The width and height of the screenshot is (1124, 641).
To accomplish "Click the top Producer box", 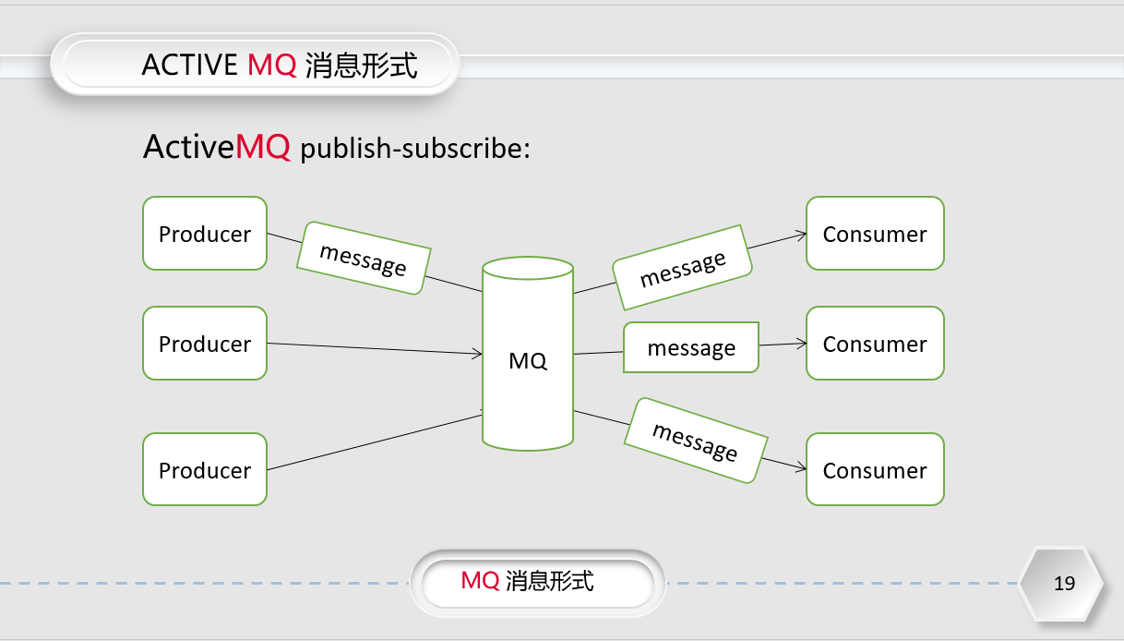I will [205, 234].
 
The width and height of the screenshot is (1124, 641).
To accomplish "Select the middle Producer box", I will [205, 344].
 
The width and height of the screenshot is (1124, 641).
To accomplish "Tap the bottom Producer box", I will [205, 469].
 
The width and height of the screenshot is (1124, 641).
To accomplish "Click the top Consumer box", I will [875, 234].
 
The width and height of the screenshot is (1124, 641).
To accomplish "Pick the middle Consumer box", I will [875, 344].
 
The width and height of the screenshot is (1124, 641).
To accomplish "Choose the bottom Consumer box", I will [875, 469].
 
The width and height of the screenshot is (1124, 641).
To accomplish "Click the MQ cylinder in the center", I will [528, 359].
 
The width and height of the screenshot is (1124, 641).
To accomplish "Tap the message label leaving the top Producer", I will [364, 258].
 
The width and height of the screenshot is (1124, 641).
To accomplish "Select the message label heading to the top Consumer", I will [683, 267].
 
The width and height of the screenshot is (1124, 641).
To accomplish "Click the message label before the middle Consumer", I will [691, 347].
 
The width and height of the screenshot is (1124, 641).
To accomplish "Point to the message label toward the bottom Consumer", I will [696, 440].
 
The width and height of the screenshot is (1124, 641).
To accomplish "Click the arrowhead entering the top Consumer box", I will [801, 235].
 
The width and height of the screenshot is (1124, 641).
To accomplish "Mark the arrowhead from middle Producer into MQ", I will [477, 353].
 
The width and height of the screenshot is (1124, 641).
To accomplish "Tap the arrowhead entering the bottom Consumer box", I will [801, 468].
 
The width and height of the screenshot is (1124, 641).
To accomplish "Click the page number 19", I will [1064, 584].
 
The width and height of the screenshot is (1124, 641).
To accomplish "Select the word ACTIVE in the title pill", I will [189, 65].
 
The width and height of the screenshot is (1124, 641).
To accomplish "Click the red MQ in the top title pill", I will [272, 65].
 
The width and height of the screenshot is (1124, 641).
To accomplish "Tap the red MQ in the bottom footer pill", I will [480, 580].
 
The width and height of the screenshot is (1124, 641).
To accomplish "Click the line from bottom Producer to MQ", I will [369, 441].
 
